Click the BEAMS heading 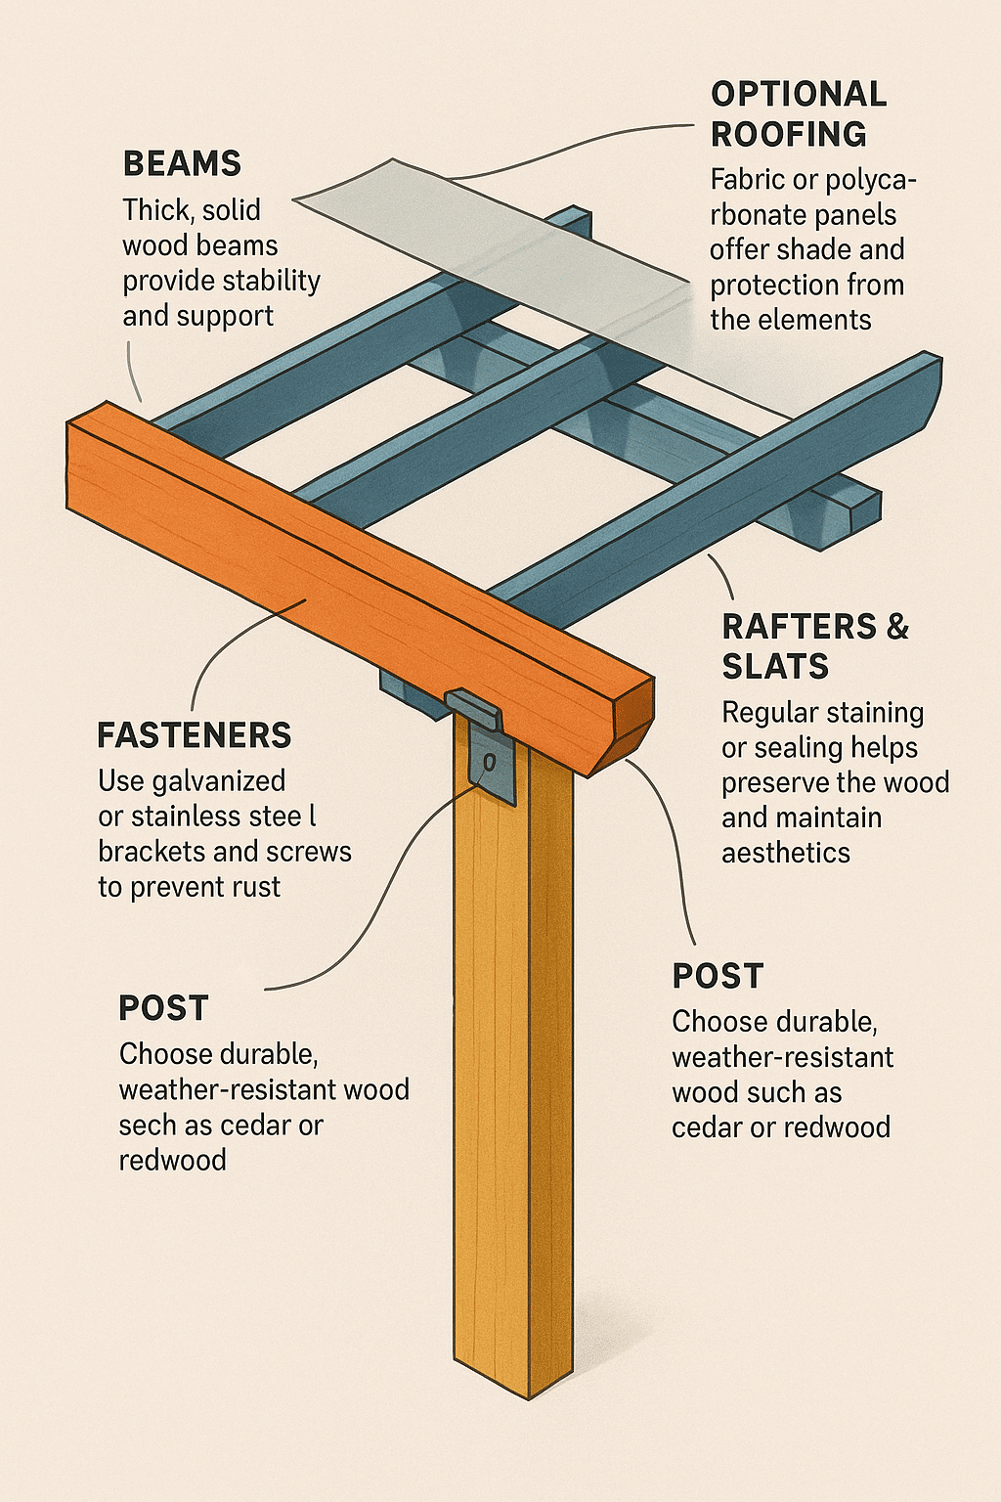tap(183, 163)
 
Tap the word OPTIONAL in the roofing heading tap(800, 94)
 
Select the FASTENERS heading tap(195, 735)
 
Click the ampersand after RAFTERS tap(897, 626)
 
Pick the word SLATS tap(776, 666)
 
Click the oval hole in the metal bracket tap(490, 763)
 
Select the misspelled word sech tap(148, 1126)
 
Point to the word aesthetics tap(786, 853)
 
